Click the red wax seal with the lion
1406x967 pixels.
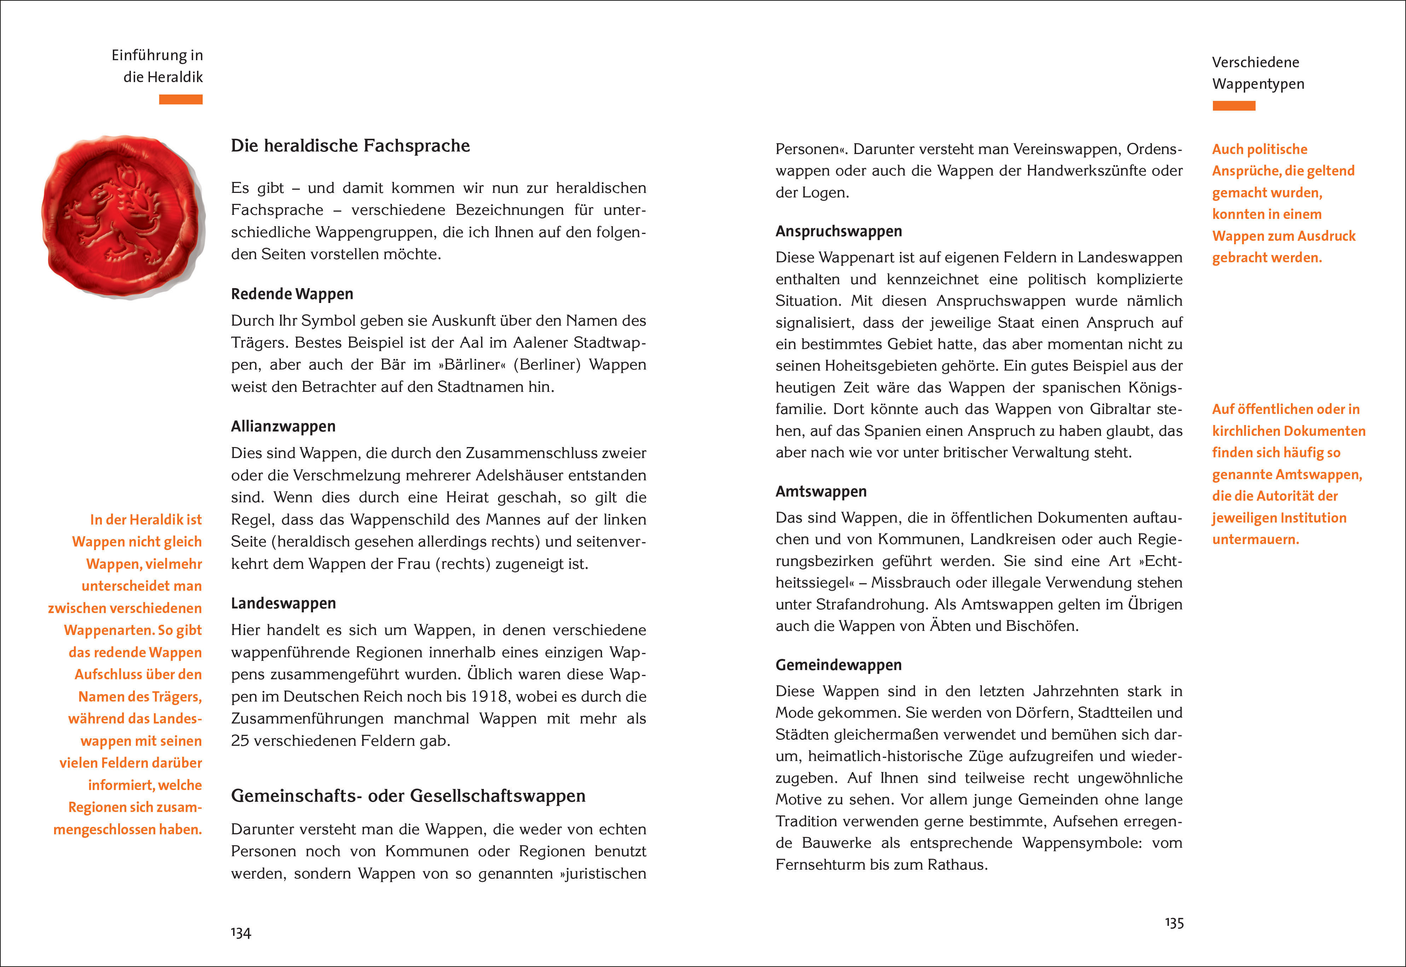123,216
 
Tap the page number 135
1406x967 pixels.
1174,923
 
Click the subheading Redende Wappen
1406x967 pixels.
292,294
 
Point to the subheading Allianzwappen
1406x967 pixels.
283,427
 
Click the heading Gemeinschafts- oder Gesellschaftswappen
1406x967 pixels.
408,796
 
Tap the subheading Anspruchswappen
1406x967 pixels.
839,231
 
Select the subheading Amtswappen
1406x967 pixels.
821,491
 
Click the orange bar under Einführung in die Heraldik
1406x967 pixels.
180,99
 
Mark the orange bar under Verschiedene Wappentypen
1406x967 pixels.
1233,106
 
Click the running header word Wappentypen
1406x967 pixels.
1258,84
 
